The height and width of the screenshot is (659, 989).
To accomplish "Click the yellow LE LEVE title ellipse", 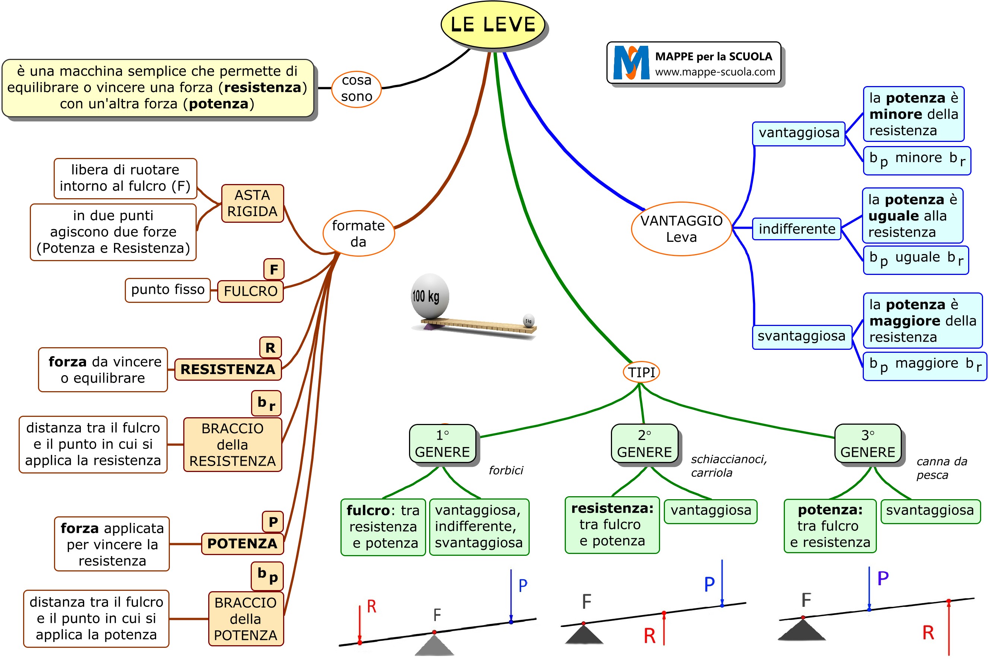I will pyautogui.click(x=492, y=24).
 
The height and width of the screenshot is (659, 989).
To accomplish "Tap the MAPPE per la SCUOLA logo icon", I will pyautogui.click(x=631, y=63).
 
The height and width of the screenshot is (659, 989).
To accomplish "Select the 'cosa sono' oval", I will pyautogui.click(x=356, y=88).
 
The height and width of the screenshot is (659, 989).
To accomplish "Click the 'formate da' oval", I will pyautogui.click(x=358, y=233).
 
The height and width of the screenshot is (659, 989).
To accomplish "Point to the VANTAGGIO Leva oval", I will pyautogui.click(x=681, y=229).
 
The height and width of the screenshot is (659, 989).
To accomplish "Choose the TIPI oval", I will pyautogui.click(x=641, y=372).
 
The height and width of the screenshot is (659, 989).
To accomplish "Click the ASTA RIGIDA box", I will pyautogui.click(x=252, y=203).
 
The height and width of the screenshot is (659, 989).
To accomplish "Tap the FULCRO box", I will pyautogui.click(x=250, y=291).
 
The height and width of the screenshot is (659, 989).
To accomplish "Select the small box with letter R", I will pyautogui.click(x=270, y=348).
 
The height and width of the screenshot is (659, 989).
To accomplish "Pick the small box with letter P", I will pyautogui.click(x=273, y=522).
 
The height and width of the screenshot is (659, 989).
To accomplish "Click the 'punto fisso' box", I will pyautogui.click(x=168, y=289).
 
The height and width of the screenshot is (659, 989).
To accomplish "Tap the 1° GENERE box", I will pyautogui.click(x=443, y=443).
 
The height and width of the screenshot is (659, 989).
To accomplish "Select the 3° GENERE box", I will pyautogui.click(x=868, y=443).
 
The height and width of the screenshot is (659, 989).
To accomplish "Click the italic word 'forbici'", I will pyautogui.click(x=506, y=470).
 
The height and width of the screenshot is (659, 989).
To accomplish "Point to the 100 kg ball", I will pyautogui.click(x=430, y=296).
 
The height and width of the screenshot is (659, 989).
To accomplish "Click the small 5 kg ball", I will pyautogui.click(x=529, y=320).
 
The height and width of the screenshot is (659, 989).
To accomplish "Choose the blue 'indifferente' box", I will pyautogui.click(x=796, y=229).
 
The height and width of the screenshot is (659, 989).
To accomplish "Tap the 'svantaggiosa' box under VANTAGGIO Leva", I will pyautogui.click(x=801, y=336).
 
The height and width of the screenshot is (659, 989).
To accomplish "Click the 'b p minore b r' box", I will pyautogui.click(x=917, y=160).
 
